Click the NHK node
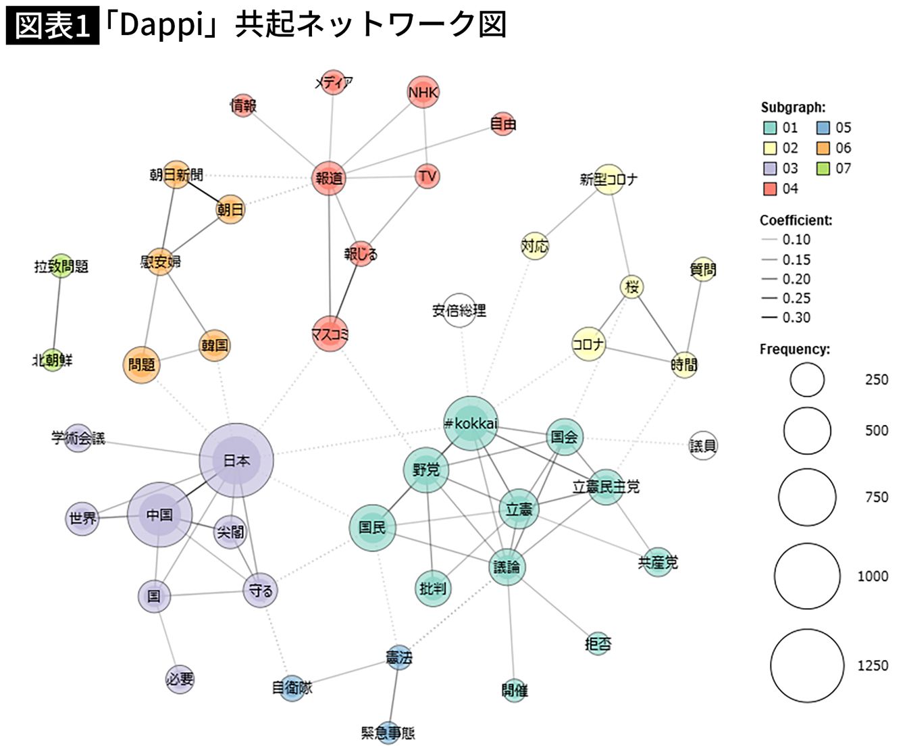point(423,92)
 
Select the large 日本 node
point(236,460)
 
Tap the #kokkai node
point(471,424)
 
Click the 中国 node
point(159,515)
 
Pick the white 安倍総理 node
point(459,311)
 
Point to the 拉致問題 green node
point(61,266)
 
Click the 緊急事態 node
point(388,732)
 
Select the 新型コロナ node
point(608,179)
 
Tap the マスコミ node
point(330,334)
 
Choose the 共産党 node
point(658,561)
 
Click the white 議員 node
point(703,445)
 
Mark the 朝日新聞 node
point(176,175)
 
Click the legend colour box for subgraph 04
point(770,188)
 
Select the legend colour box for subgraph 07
point(823,168)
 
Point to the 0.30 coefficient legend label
point(796,318)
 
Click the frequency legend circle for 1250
point(807,665)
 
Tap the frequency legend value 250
point(877,380)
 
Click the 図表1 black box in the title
point(53,26)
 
